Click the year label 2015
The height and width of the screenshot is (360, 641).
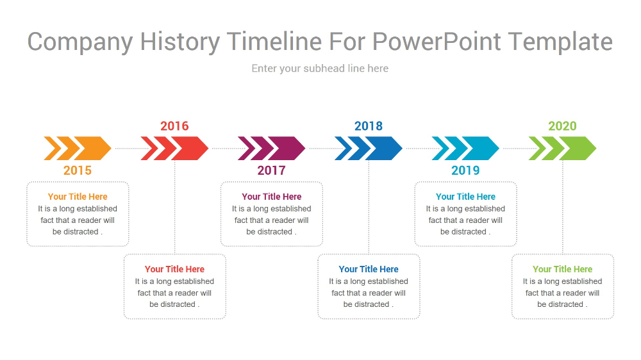coord(78,170)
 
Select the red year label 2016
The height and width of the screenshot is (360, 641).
coord(174,126)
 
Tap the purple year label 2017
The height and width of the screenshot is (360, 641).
coord(271,170)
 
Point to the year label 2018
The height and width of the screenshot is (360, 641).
coord(369,126)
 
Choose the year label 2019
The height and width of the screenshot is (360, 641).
coord(465,170)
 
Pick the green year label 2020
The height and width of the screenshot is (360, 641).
coord(563,126)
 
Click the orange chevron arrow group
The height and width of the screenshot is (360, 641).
coord(78,149)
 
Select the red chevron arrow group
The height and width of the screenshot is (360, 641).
coord(174,149)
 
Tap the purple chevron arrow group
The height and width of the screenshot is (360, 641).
coord(271,149)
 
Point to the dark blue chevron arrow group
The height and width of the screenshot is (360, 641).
coord(369,149)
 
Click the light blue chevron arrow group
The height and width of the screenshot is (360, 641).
coord(465,149)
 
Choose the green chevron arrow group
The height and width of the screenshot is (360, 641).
coord(563,149)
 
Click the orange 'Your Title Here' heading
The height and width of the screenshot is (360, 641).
coord(78,197)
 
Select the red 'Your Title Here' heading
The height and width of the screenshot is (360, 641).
coord(174,269)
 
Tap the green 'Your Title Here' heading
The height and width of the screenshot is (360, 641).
coord(563,269)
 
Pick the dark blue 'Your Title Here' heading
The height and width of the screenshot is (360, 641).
coord(369,269)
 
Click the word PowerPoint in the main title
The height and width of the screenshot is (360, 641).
coord(436,41)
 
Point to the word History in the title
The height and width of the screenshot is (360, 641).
coord(180,42)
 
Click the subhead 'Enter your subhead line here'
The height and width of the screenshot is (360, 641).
coord(320,69)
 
